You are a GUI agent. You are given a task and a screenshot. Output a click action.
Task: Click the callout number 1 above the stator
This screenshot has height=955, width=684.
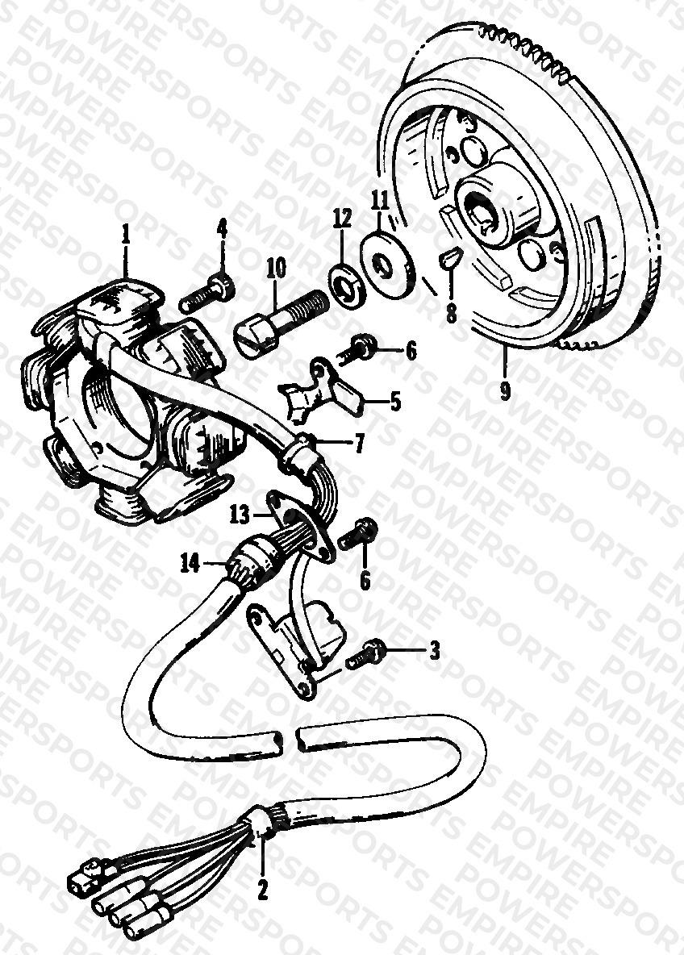point(126,235)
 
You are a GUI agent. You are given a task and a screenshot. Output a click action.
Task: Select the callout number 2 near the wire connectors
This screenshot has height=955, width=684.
point(262,890)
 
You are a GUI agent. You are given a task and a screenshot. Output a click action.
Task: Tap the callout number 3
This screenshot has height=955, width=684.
point(434,650)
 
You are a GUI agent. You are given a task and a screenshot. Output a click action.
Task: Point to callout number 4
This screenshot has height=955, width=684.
point(223,229)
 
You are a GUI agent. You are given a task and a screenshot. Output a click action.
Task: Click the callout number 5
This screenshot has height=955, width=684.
point(396,402)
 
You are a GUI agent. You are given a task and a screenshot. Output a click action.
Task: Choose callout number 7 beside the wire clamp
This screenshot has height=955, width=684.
point(360,444)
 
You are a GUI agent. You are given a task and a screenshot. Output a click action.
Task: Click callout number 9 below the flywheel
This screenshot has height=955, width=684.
point(505,390)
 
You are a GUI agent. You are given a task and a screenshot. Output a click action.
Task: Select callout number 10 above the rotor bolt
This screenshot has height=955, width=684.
point(275,269)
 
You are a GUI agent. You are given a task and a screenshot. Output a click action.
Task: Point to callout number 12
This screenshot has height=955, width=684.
point(342,218)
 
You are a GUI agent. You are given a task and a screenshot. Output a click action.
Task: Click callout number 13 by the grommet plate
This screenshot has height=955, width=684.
point(240,515)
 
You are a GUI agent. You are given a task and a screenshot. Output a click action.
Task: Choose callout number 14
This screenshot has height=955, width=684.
point(190,564)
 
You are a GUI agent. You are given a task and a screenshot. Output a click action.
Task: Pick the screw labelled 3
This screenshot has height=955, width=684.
point(365,655)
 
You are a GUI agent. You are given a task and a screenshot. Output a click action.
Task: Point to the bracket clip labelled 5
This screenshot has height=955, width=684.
point(322,390)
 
